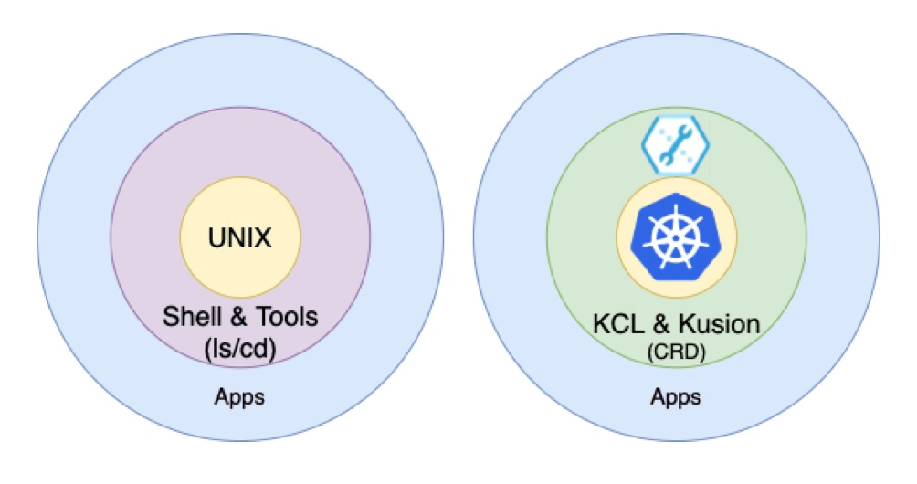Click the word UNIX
click(239, 239)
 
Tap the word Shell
click(189, 317)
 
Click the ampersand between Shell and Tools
click(229, 317)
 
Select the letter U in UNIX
click(216, 239)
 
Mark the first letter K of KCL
click(601, 323)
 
